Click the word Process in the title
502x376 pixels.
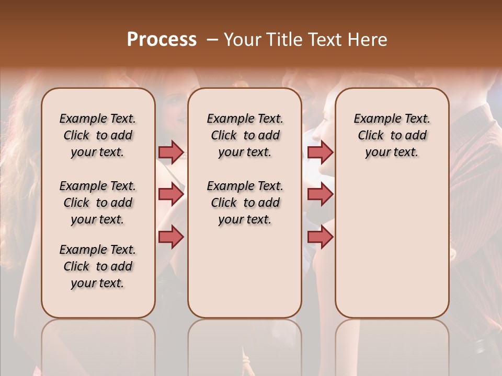tap(162, 40)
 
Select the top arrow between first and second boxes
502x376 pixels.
tap(171, 152)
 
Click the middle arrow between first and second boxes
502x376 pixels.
tap(171, 194)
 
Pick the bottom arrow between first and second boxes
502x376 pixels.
tap(171, 237)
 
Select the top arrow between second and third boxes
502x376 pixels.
tap(320, 152)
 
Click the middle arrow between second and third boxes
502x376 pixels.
tap(320, 194)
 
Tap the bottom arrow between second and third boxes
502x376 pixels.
tap(320, 237)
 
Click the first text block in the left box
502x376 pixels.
tap(98, 135)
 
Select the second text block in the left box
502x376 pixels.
tap(98, 203)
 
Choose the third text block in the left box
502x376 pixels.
tap(98, 266)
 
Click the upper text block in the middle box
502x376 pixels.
tap(245, 135)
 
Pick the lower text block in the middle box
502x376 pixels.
tap(245, 203)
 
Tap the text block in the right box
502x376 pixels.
tap(392, 135)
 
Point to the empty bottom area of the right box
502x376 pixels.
tap(392, 251)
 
